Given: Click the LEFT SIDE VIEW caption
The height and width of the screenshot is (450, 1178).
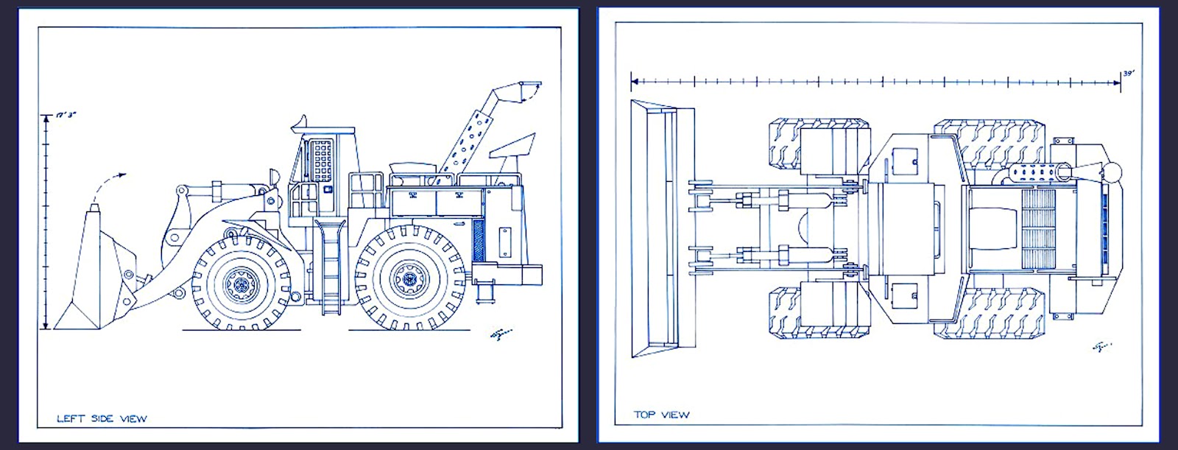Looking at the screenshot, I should point(102,418).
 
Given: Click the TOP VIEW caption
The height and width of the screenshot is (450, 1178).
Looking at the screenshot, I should point(661,415).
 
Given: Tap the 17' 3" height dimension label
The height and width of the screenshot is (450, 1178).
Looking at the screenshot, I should point(67,115).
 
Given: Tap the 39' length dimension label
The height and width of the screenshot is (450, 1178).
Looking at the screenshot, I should point(1128,73).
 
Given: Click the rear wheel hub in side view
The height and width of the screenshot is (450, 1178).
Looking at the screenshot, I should point(406,278).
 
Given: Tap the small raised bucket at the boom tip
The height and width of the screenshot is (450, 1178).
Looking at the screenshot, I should point(520,92).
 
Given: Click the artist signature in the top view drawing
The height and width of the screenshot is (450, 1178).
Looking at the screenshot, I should point(1101,345).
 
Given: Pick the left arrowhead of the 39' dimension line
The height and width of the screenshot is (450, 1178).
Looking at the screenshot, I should point(635,82).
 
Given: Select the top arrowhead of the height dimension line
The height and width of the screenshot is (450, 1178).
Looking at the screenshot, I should point(46,117).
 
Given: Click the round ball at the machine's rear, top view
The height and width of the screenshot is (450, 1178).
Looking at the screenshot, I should point(1110,174).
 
